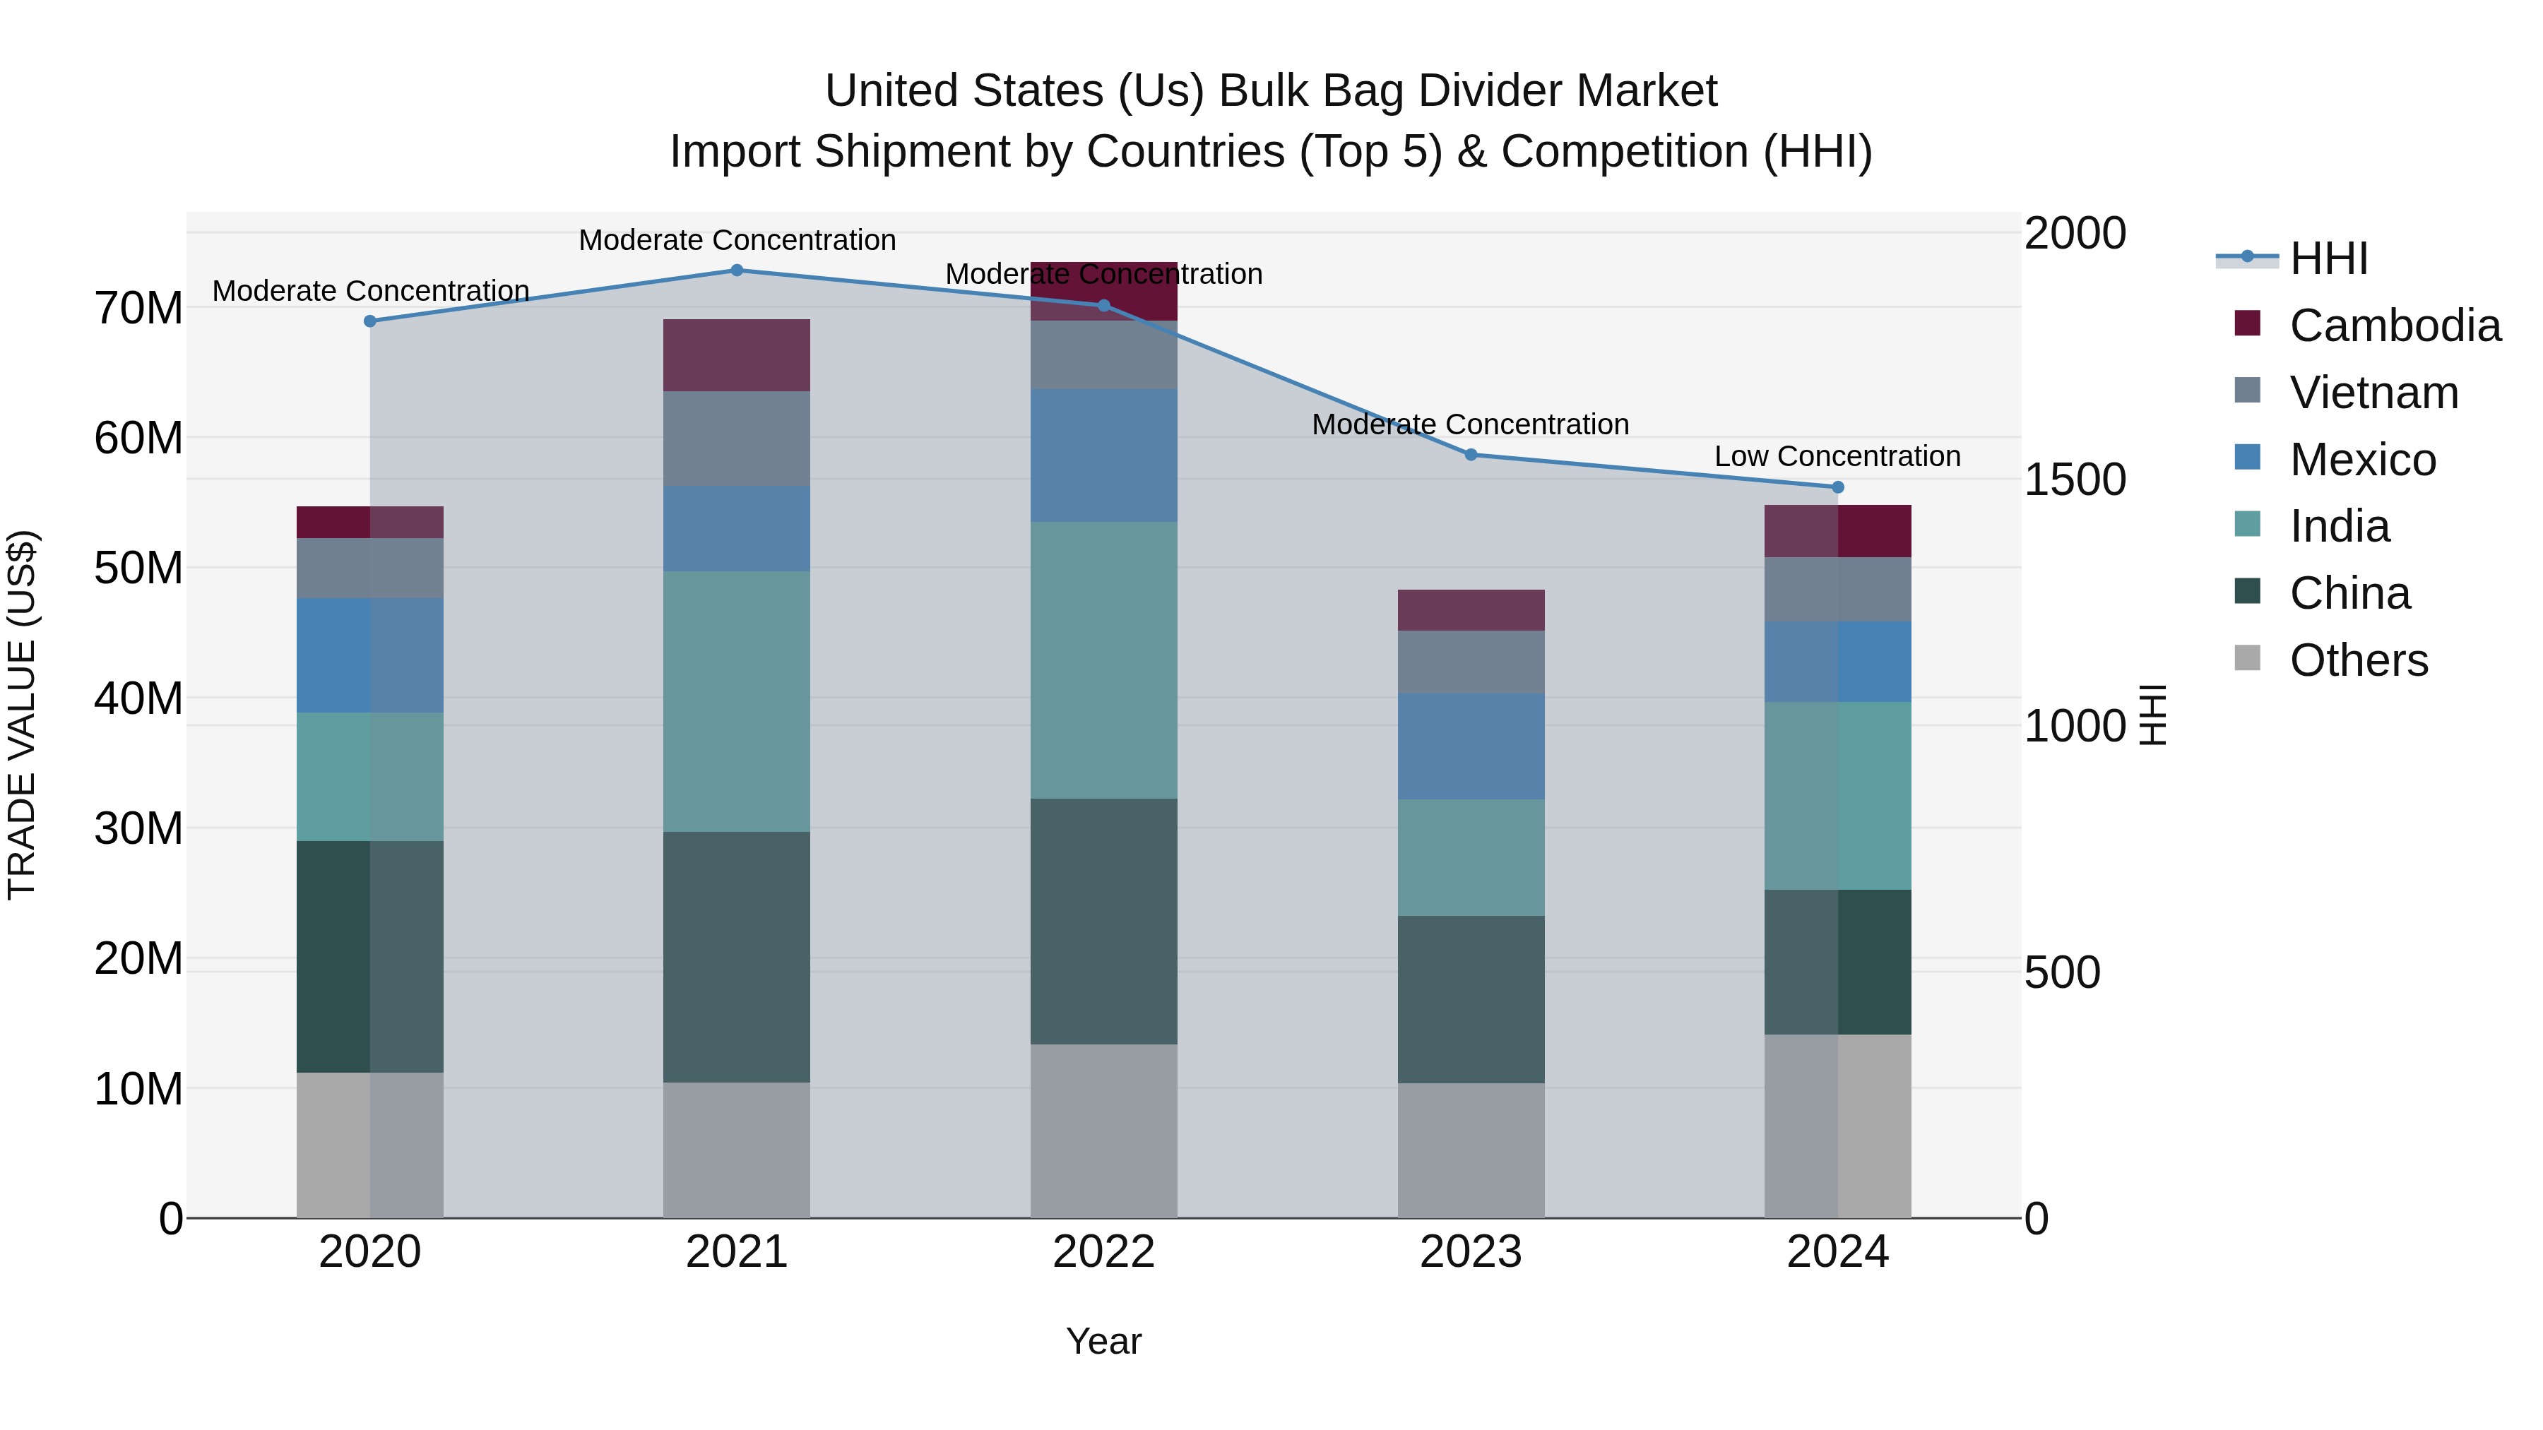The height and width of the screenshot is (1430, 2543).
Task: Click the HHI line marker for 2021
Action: point(737,270)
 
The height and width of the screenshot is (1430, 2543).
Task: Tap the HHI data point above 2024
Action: point(1837,487)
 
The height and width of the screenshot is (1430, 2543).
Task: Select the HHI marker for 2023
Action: point(1470,455)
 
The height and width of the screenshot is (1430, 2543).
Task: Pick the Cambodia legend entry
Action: point(2394,326)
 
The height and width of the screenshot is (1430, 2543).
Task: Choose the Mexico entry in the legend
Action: point(2361,460)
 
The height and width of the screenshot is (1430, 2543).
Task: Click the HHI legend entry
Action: point(2328,258)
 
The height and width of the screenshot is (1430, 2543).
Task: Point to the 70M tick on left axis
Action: point(138,308)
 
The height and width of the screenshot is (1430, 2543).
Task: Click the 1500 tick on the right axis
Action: point(2074,479)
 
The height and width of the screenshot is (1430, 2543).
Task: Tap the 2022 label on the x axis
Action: point(1103,1252)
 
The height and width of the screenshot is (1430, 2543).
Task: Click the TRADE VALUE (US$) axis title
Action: point(22,715)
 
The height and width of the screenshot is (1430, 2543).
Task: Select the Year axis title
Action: point(1103,1341)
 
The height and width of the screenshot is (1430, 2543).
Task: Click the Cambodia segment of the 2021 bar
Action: point(737,355)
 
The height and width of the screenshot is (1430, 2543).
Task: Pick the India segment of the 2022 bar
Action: point(1103,660)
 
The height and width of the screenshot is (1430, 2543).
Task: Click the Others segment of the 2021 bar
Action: point(737,1150)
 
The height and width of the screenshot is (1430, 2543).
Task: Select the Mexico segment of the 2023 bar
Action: point(1470,746)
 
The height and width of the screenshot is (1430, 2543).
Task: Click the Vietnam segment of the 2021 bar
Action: point(737,438)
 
